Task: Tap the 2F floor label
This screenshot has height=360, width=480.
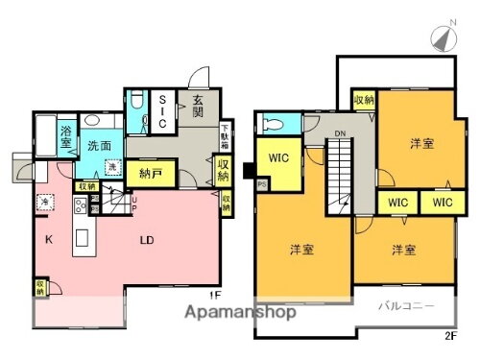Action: click(450, 334)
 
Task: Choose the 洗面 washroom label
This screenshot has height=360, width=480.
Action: click(100, 146)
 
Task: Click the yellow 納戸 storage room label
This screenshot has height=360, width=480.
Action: click(150, 174)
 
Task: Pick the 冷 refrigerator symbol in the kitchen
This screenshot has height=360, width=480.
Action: click(45, 201)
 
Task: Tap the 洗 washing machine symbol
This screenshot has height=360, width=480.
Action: click(111, 169)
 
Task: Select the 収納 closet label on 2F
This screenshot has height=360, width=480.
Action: click(363, 100)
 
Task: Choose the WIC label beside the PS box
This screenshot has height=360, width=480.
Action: click(281, 156)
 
